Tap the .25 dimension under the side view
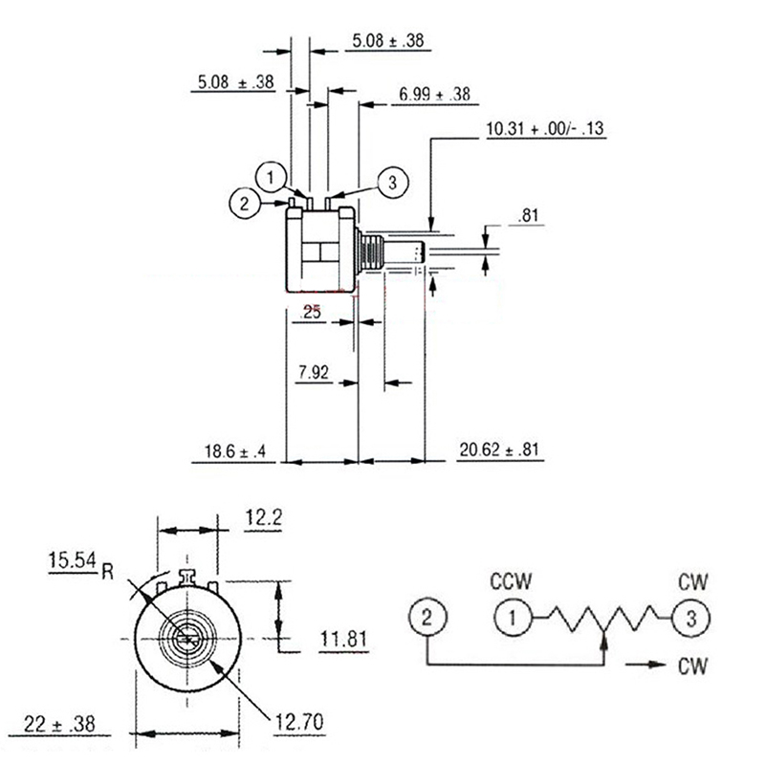(x=311, y=312)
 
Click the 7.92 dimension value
(x=314, y=374)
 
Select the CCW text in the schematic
(x=512, y=581)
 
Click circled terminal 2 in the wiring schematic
(x=427, y=617)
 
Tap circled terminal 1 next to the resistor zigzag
(x=513, y=617)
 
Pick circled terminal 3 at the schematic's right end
(x=691, y=617)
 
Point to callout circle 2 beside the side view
(x=246, y=202)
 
